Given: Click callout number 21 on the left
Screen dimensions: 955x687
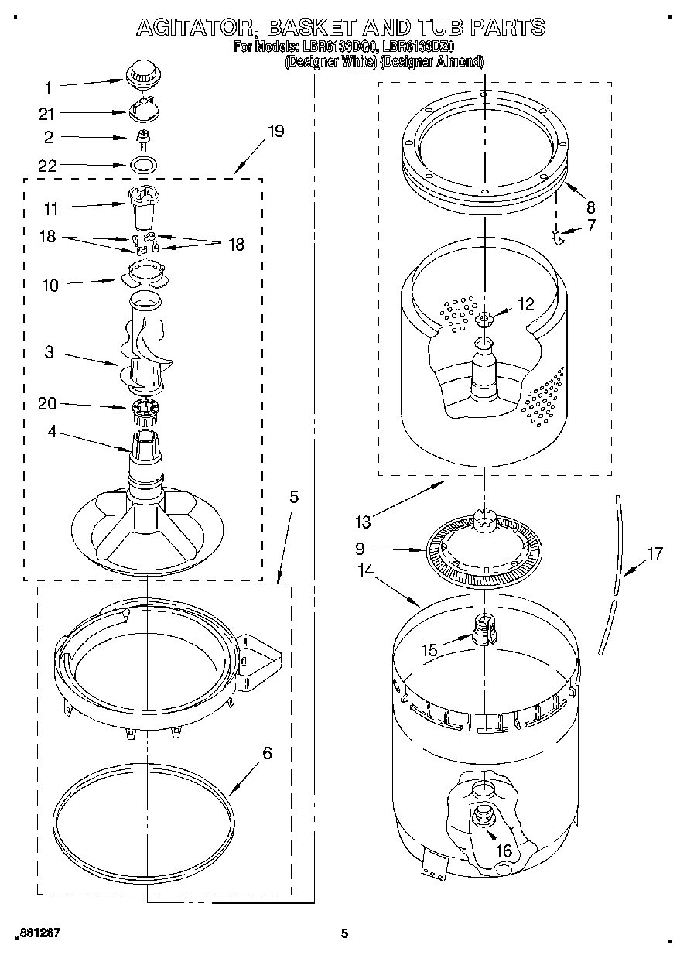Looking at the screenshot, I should [46, 114].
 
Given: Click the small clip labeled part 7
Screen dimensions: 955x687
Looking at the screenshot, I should [556, 235].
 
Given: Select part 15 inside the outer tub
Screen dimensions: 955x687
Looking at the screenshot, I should [483, 627].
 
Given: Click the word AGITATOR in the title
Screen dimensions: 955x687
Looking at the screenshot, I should [197, 28].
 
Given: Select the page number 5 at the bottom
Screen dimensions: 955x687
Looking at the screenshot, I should [345, 933].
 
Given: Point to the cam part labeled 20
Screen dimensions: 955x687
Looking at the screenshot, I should [144, 410].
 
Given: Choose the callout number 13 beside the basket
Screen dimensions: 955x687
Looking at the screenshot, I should [362, 522].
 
